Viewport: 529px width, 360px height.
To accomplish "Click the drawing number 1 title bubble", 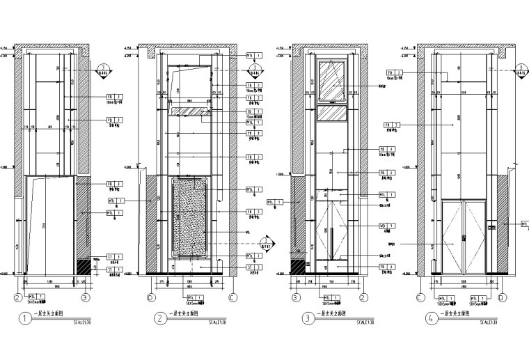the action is click(x=26, y=320).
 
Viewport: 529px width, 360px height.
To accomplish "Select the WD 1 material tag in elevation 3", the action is click(x=387, y=226).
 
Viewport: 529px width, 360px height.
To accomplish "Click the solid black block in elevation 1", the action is click(x=83, y=265).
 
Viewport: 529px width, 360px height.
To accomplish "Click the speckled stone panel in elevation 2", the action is click(x=189, y=215).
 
